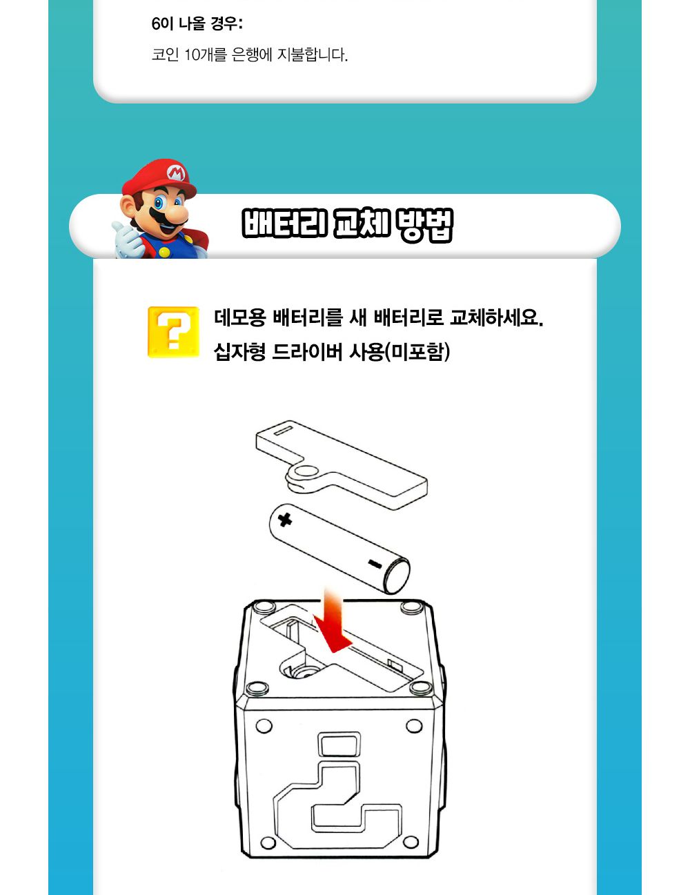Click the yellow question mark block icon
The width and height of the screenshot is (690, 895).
pyautogui.click(x=173, y=332)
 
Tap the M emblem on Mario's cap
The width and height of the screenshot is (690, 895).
pyautogui.click(x=175, y=172)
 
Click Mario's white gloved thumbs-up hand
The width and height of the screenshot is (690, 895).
pyautogui.click(x=128, y=238)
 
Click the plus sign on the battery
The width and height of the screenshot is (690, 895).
pyautogui.click(x=284, y=519)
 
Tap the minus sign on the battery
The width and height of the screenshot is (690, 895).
pyautogui.click(x=375, y=564)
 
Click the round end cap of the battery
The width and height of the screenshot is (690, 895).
pyautogui.click(x=397, y=576)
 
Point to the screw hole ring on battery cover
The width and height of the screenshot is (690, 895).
pyautogui.click(x=302, y=474)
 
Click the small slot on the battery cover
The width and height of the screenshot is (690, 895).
pyautogui.click(x=283, y=431)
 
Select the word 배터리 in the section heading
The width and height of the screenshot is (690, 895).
pyautogui.click(x=284, y=224)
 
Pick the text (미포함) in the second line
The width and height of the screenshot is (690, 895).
pyautogui.click(x=417, y=352)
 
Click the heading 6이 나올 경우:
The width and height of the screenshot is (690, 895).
pyautogui.click(x=197, y=24)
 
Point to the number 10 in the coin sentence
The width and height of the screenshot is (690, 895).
pyautogui.click(x=191, y=55)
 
